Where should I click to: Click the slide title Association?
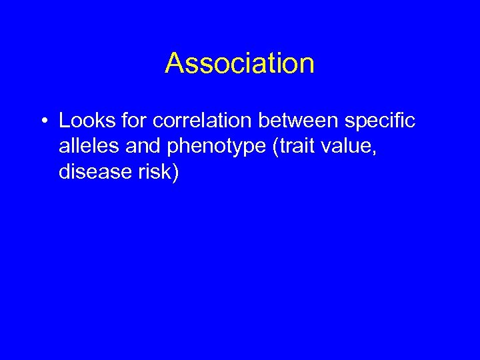(x=240, y=63)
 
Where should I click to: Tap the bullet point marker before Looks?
(x=42, y=121)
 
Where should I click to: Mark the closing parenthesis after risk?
(x=176, y=173)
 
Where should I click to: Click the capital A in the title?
(x=175, y=63)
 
